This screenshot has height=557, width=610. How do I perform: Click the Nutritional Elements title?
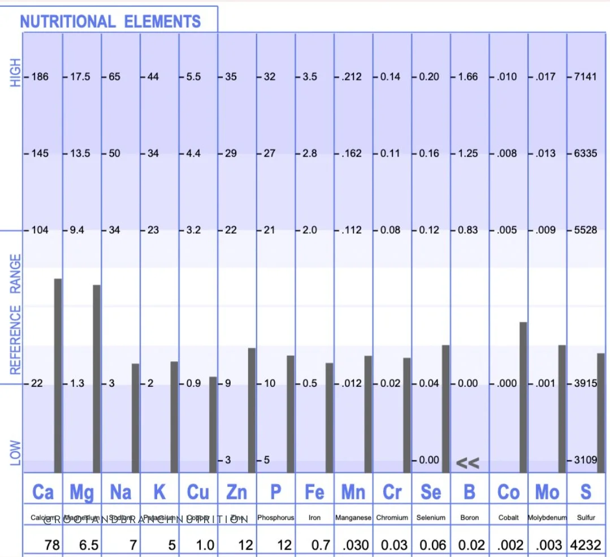pos(110,21)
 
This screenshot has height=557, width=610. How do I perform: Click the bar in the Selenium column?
pos(445,408)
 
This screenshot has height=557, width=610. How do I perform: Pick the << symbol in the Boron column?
pos(468,464)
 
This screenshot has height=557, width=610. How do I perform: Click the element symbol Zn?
pos(236,492)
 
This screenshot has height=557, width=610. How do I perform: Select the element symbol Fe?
pos(314,492)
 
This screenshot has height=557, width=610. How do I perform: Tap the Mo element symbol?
pos(547,492)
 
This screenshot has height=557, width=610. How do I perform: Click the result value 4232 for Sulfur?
pos(586,545)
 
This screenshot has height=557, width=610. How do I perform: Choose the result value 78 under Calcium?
pos(52,545)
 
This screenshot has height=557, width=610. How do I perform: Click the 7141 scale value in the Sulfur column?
pos(585,76)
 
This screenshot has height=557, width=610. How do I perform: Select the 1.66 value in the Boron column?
pos(468,76)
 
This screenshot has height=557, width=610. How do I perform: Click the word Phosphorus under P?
pos(275,517)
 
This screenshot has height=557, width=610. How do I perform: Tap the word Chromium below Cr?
pos(392,517)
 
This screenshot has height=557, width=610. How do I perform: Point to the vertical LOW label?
pos(15,453)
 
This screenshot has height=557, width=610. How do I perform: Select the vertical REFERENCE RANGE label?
pos(15,314)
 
